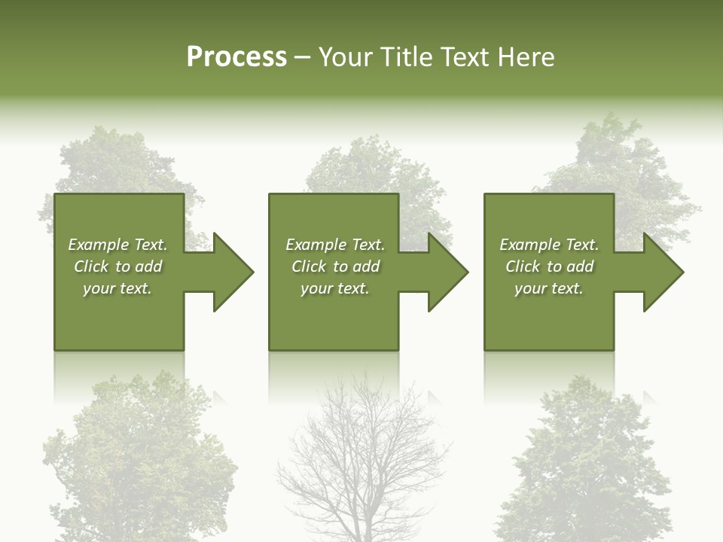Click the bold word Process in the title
click(x=236, y=57)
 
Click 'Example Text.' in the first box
click(x=117, y=245)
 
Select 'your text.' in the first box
click(x=117, y=288)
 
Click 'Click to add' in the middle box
click(x=335, y=266)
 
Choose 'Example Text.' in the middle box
click(x=335, y=245)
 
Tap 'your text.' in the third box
click(x=549, y=288)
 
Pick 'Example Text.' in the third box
click(x=549, y=245)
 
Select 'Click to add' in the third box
click(x=549, y=266)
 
